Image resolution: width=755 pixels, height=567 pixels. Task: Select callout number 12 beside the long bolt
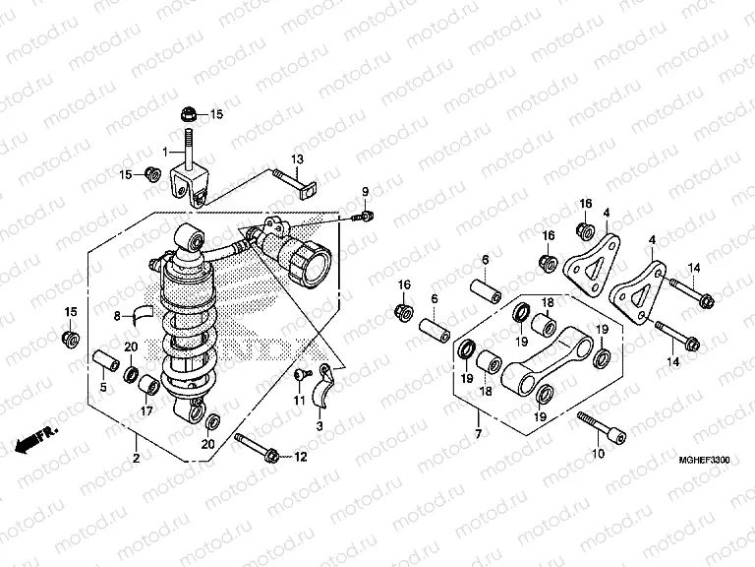click(300, 456)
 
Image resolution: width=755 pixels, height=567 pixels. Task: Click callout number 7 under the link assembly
click(477, 434)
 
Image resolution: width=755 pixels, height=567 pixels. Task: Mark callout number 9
click(363, 191)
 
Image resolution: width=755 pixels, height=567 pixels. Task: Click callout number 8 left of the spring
click(116, 316)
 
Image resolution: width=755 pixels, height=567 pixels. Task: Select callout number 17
click(147, 412)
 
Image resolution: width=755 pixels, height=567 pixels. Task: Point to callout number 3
click(319, 426)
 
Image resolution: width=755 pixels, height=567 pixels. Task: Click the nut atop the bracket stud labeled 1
click(188, 112)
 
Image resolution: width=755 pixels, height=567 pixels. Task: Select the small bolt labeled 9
click(364, 215)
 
